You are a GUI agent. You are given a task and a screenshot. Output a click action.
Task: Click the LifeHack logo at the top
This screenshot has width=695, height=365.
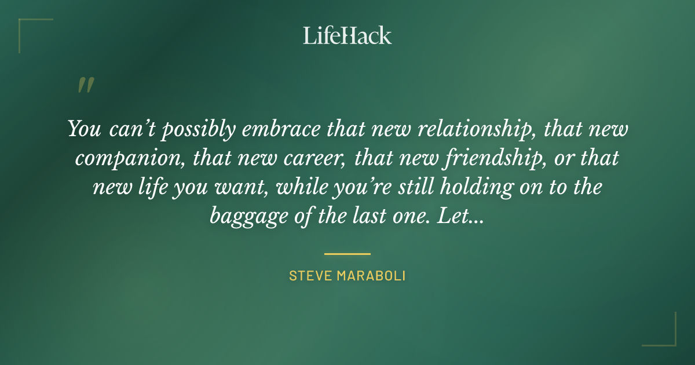tap(347, 35)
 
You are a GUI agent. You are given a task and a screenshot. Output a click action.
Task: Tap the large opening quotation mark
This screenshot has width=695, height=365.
tap(85, 85)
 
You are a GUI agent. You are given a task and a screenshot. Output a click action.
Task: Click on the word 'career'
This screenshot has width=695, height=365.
tap(314, 158)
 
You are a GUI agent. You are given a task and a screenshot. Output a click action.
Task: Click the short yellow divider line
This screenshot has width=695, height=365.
tap(347, 254)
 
